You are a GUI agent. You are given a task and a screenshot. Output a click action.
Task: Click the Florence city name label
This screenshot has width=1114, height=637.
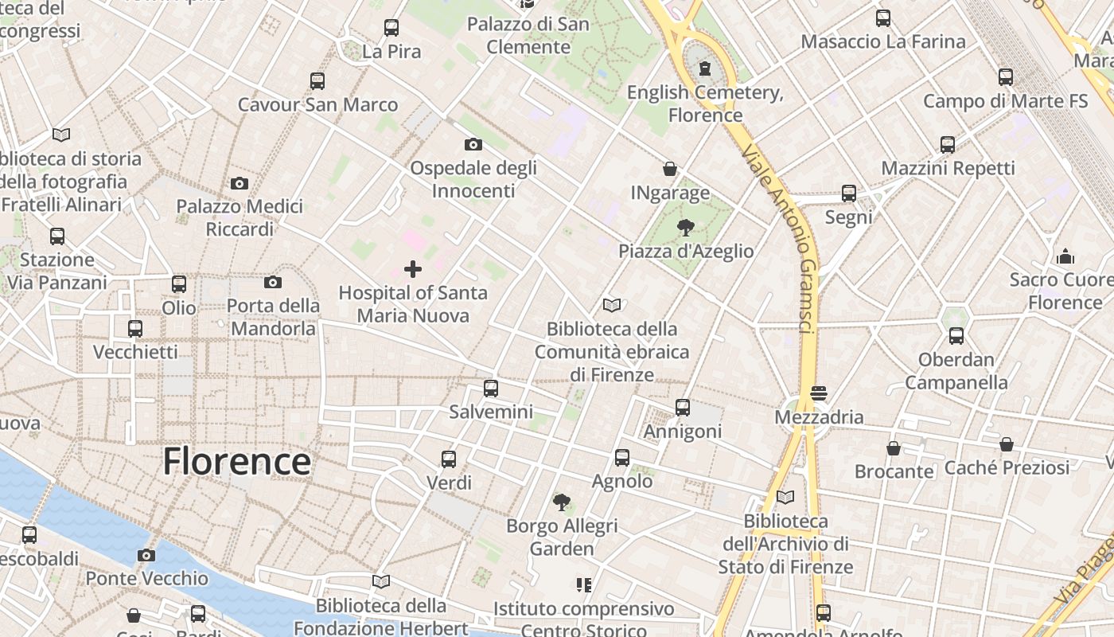click(x=236, y=462)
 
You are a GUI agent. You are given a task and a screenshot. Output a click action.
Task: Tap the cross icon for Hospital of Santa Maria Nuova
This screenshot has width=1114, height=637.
click(x=413, y=269)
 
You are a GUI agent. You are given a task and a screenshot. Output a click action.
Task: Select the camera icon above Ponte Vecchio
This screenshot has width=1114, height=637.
click(x=146, y=555)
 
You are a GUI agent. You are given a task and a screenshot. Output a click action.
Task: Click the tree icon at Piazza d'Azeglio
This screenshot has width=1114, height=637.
click(x=685, y=228)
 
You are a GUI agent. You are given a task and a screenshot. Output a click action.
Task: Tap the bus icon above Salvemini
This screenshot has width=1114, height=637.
click(x=491, y=389)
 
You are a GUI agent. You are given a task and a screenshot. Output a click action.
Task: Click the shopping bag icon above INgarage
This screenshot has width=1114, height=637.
click(x=670, y=169)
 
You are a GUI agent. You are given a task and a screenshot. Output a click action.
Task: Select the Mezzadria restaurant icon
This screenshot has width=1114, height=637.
click(x=819, y=393)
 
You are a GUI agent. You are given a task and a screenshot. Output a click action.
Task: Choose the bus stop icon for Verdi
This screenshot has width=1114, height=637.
click(x=449, y=459)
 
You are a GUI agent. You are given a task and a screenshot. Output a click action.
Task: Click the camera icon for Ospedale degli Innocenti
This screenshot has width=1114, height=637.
click(x=473, y=144)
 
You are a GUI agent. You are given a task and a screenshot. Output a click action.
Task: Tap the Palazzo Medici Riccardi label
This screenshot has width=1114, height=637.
click(x=240, y=217)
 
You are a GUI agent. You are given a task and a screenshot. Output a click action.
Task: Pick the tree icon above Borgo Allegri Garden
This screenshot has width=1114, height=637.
click(x=562, y=502)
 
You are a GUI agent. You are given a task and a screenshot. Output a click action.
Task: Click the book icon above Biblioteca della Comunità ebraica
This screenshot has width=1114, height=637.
click(x=612, y=305)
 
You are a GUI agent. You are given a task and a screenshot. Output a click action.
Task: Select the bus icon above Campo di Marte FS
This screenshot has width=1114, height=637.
click(x=1006, y=77)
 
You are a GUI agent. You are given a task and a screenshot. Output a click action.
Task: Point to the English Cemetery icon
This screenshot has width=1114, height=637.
click(x=704, y=69)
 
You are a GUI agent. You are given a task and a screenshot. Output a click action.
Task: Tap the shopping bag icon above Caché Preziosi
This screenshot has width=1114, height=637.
click(x=1007, y=444)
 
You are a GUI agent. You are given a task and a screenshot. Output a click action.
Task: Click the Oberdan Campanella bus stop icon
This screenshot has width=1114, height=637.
click(x=956, y=336)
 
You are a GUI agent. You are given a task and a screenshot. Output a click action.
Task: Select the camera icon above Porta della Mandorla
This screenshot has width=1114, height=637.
click(x=273, y=282)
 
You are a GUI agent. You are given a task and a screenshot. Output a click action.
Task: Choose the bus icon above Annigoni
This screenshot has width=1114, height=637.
click(x=683, y=408)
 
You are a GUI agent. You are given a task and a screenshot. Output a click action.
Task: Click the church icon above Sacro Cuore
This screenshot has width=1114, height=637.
click(x=1065, y=256)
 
